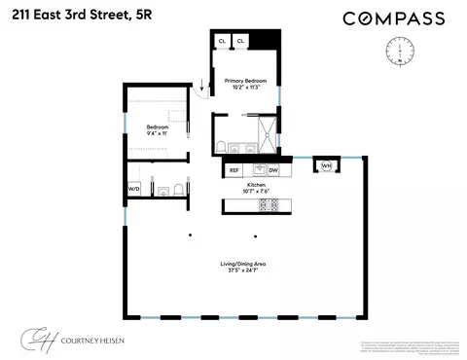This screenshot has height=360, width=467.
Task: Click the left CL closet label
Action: coord(222,42)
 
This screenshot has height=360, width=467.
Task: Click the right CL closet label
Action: coord(240,42)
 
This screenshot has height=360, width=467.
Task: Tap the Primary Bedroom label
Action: coord(243,84)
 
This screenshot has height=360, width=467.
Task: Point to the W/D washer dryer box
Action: coord(133,189)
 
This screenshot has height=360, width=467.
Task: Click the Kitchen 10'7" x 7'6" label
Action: coord(256,186)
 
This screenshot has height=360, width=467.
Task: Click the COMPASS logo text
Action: coord(394,18)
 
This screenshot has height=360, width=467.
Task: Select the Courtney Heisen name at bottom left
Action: coord(102,341)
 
